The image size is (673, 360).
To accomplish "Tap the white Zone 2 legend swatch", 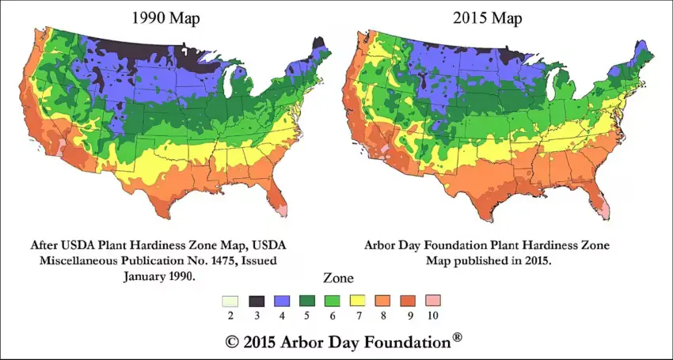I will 230,301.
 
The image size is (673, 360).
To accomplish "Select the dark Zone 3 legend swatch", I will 257,301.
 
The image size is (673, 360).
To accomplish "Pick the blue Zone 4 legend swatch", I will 283,301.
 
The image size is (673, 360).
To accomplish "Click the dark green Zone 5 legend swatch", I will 309,301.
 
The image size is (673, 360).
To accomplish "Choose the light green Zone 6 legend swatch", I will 335,301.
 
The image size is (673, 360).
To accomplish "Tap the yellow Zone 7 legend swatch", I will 361,301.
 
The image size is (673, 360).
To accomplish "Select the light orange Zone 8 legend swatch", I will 387,301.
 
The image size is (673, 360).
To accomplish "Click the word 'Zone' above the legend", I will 338,279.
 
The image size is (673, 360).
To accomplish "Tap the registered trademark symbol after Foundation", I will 457,338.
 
